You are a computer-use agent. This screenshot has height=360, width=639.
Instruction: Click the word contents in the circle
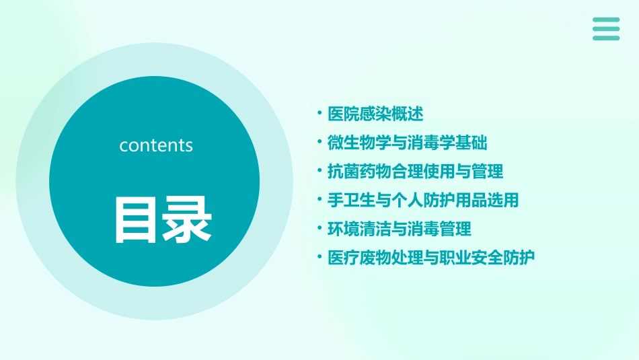tap(156, 145)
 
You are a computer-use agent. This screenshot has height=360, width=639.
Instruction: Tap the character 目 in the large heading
tap(135, 220)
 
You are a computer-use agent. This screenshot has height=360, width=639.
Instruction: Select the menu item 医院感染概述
tap(375, 114)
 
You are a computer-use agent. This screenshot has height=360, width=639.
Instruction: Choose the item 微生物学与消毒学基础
tap(407, 143)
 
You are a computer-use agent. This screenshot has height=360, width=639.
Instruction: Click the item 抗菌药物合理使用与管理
tap(415, 172)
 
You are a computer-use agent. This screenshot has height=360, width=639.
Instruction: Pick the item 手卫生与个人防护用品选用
tap(423, 200)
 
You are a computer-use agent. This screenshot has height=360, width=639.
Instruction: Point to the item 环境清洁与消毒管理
tap(399, 229)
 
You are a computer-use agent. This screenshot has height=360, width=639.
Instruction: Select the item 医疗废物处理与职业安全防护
tap(431, 257)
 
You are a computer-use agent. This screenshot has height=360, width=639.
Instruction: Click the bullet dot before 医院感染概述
tap(320, 114)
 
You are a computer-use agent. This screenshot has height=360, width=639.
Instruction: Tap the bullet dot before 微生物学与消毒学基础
tap(320, 142)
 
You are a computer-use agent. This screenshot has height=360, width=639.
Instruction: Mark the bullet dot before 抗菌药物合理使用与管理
tap(320, 171)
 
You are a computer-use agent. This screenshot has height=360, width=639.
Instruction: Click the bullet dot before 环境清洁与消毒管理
tap(320, 228)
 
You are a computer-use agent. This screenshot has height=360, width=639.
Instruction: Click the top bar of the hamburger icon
tap(606, 20)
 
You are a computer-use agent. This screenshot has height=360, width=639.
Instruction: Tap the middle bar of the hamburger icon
tap(606, 29)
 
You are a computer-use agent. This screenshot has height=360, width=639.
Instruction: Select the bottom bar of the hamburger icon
tap(606, 38)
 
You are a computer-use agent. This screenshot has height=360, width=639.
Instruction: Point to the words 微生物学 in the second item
tap(359, 143)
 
